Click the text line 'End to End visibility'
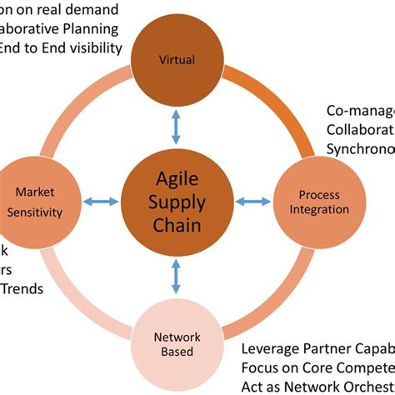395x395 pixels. pyautogui.click(x=62, y=47)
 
